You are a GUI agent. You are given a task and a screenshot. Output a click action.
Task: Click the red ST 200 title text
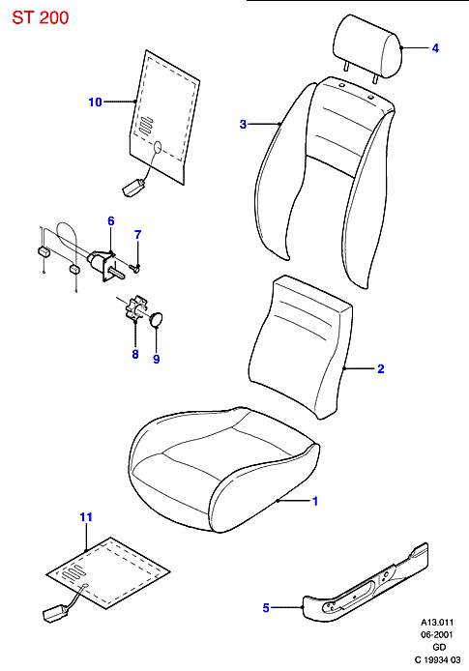41,17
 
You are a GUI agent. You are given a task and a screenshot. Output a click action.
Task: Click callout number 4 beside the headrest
435,48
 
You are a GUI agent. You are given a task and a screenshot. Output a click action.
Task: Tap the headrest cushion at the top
367,46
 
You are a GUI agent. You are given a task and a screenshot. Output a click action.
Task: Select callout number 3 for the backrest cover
243,124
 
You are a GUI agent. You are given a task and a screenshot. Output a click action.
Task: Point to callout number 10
95,102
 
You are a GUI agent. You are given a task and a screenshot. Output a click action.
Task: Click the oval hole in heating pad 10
158,147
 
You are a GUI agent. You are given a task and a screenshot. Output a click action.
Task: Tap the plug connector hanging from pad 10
133,188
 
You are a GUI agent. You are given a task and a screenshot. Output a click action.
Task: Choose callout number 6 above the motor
111,220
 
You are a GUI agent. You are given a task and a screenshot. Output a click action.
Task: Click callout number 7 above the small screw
137,235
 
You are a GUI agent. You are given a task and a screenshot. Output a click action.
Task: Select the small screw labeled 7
135,269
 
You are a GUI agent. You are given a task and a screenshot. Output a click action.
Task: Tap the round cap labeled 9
157,319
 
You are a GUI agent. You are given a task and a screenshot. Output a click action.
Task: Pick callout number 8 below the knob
135,354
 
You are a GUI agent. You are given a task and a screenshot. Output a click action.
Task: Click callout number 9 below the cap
157,359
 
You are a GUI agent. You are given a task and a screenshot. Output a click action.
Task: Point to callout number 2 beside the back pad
381,368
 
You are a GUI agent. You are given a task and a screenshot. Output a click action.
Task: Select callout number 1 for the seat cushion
315,501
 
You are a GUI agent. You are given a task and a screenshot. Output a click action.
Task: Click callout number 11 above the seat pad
86,517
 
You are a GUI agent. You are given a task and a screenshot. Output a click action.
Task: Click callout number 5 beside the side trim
266,607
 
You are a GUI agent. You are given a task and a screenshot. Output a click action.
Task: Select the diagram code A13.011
437,623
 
